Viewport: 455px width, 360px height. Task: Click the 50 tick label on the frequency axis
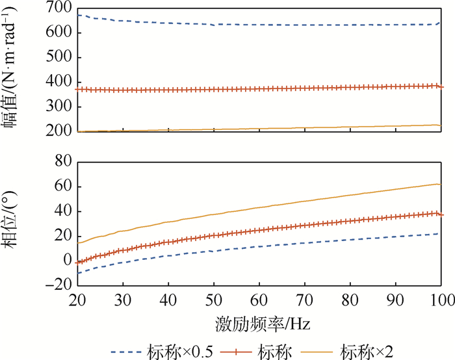point(214,300)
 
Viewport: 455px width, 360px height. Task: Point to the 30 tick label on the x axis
point(123,300)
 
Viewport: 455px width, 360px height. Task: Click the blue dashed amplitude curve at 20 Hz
point(77,15)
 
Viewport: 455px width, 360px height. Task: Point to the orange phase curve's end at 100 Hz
point(441,185)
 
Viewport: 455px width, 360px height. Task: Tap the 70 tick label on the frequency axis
point(305,300)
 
